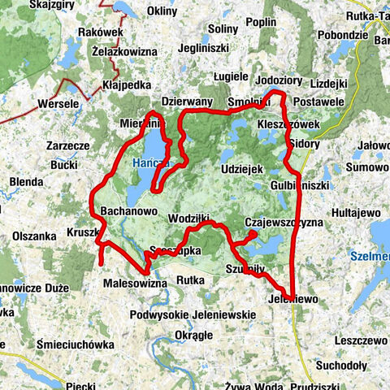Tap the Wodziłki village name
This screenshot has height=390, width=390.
(x=190, y=219)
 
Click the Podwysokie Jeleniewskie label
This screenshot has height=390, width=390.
(x=189, y=314)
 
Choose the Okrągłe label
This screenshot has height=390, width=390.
(x=193, y=334)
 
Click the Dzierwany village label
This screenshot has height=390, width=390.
(x=187, y=102)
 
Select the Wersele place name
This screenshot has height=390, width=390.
(x=58, y=104)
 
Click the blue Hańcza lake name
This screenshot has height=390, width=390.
(x=149, y=163)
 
